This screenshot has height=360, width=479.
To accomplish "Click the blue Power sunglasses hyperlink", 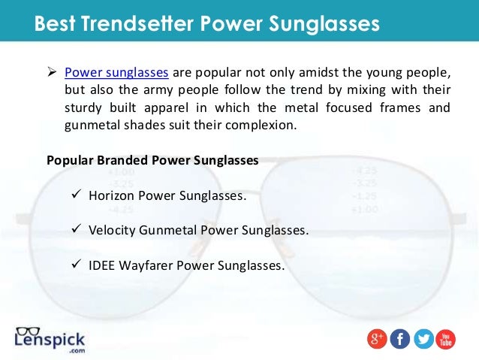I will [116, 73].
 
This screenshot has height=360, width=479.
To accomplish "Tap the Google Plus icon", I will [377, 340].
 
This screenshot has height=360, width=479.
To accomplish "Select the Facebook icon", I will [400, 340].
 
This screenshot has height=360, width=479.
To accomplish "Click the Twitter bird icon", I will [423, 340].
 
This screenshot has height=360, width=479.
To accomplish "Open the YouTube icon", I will [446, 340].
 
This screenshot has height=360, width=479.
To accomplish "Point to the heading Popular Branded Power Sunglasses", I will [152, 160].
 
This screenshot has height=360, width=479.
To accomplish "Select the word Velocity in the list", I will [113, 230].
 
